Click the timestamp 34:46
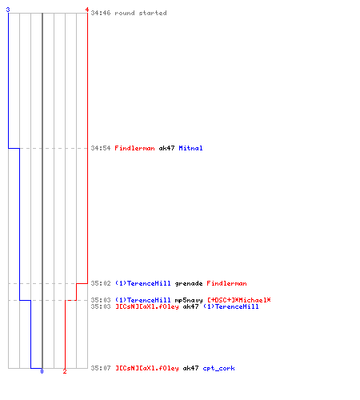[101, 13]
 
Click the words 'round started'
[141, 13]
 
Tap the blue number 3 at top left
[8, 10]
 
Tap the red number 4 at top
[87, 10]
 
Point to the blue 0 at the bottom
[42, 371]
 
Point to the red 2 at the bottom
[65, 371]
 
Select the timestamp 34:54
[101, 148]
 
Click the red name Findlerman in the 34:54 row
[134, 148]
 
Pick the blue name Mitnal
[190, 148]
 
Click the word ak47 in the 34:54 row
[166, 148]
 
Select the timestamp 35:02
[101, 283]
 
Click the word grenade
[189, 283]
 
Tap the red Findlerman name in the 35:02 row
[226, 283]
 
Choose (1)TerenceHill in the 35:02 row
[143, 283]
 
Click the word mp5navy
[189, 300]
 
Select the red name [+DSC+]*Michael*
[239, 300]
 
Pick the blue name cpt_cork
[218, 368]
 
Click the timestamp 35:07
[101, 368]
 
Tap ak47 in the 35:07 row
[190, 368]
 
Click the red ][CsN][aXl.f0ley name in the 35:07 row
[147, 368]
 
